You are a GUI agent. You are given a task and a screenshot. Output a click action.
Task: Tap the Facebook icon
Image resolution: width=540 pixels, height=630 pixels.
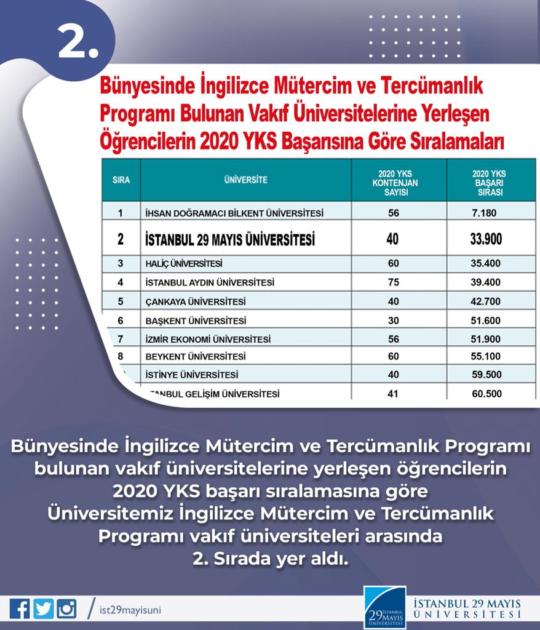pos(19,609)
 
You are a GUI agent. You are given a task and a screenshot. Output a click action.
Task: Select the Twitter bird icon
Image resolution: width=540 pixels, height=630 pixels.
pos(43,609)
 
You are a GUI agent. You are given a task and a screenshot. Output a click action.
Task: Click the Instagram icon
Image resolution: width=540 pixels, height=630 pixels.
pos(66,609)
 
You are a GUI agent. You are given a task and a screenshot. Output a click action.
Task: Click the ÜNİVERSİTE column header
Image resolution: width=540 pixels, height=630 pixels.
pos(245,180)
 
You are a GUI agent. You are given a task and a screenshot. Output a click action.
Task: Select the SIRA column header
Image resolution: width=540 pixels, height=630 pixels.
pos(121,180)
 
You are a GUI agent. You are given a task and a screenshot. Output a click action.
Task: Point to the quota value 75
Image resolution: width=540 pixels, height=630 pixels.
pos(394,282)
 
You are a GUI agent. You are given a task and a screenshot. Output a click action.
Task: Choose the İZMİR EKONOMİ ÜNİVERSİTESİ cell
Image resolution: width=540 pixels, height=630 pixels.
pos(209,339)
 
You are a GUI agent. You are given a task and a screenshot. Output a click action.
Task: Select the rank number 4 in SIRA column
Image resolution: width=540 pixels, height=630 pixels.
pos(121,282)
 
